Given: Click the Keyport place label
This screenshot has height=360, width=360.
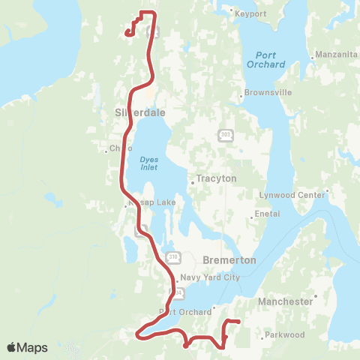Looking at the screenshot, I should tap(250, 14).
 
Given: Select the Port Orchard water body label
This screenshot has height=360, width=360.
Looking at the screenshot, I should tap(265, 60).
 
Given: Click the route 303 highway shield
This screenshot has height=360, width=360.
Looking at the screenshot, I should tap(226, 135).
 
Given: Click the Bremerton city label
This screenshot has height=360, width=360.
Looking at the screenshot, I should tap(229, 259).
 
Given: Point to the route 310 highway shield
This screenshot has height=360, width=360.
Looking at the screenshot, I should tap(174, 257).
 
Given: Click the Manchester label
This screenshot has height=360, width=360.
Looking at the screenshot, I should tap(284, 301).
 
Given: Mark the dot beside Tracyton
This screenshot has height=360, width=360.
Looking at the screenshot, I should tap(192, 180).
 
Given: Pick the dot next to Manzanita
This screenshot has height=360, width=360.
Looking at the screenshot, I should tap(311, 58).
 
